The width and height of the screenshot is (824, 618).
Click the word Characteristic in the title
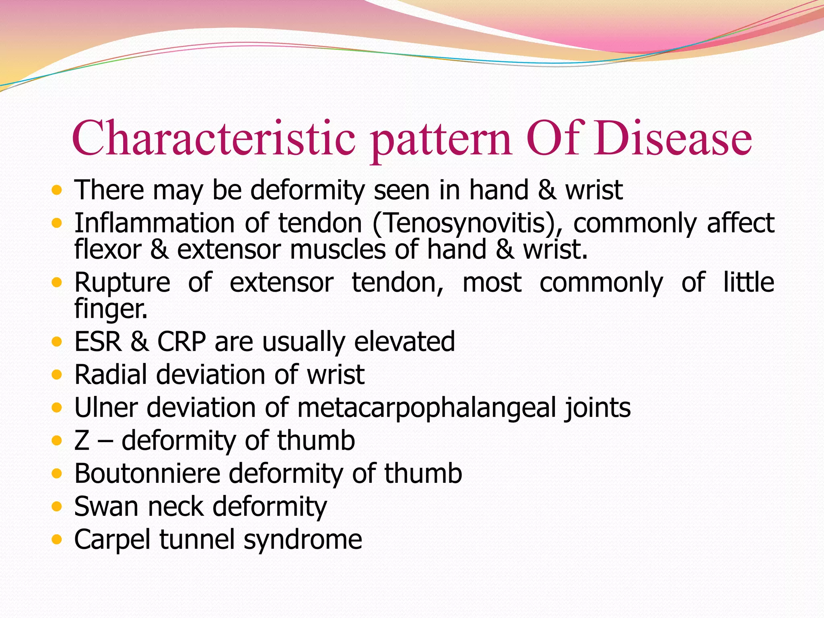click(214, 139)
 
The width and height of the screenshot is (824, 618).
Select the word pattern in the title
click(441, 141)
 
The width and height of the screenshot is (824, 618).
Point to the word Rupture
click(122, 283)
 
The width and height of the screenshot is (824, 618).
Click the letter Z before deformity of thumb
click(82, 441)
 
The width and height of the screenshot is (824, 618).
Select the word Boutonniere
click(147, 474)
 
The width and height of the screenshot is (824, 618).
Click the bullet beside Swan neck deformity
click(57, 506)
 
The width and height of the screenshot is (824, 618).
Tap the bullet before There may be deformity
click(57, 190)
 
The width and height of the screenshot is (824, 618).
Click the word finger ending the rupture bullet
click(111, 309)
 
